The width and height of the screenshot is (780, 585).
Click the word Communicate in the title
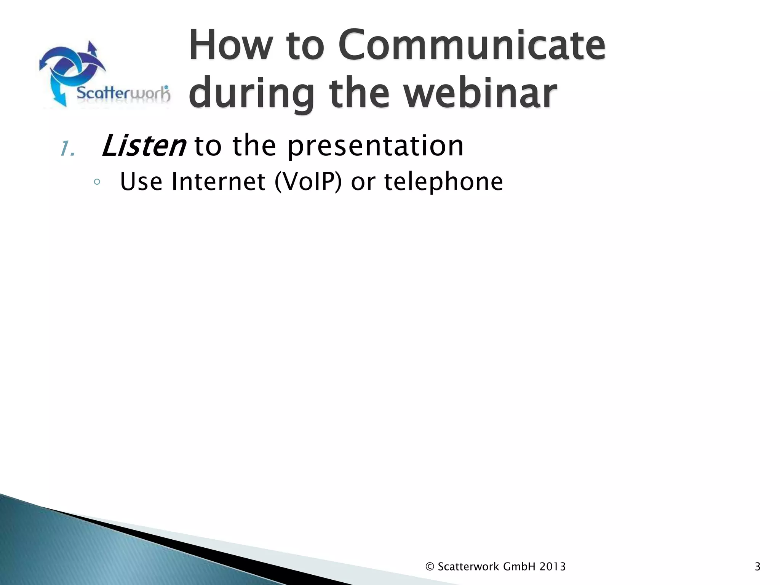coord(472,46)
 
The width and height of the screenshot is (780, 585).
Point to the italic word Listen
coord(144,146)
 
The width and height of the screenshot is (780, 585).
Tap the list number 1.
coord(67,149)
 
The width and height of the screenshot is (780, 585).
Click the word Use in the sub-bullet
coord(141,182)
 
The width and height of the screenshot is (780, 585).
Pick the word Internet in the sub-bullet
coord(218,182)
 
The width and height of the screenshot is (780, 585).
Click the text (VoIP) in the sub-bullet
coord(308,182)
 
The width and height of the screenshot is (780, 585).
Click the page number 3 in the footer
coord(757,567)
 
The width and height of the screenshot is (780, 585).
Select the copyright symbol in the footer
coord(430,567)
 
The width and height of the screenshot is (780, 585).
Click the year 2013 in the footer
coord(552,567)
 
